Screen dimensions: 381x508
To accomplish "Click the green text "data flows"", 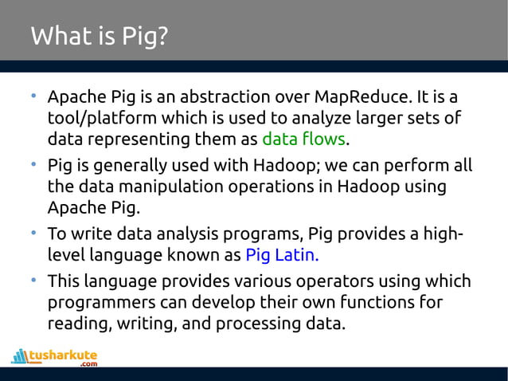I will (x=303, y=139).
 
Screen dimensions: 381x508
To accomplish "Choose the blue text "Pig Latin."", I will (x=282, y=256).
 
